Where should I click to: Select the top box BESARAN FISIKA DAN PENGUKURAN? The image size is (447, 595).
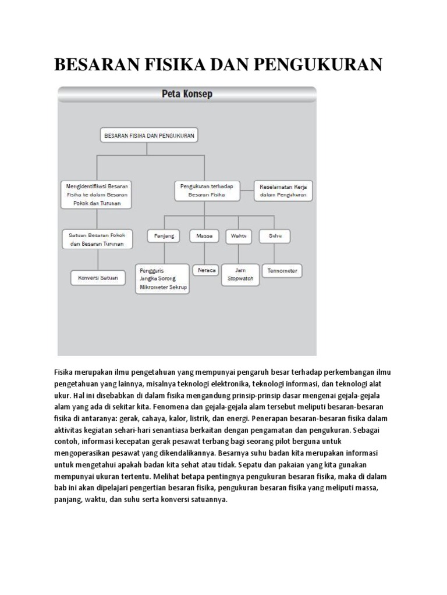(x=149, y=135)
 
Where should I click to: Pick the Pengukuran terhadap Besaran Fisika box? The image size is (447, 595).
(x=207, y=191)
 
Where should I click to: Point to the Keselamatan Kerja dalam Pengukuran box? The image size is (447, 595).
(x=283, y=191)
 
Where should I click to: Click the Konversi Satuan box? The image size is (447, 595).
(x=98, y=278)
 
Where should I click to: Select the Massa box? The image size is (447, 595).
(x=204, y=236)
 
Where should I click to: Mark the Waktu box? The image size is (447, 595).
(x=239, y=236)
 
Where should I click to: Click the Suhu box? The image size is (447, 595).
(x=275, y=236)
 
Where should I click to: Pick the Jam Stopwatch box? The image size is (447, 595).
(x=240, y=274)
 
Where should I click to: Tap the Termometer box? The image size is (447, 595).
(x=282, y=270)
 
